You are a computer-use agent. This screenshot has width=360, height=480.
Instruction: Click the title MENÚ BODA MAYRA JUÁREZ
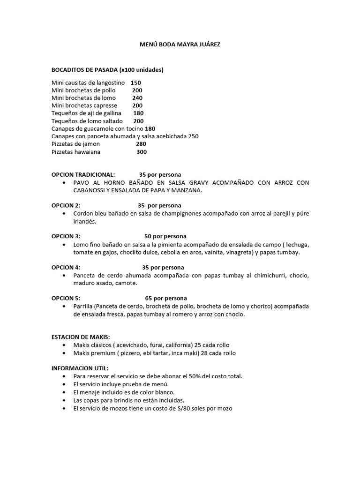(x=180, y=44)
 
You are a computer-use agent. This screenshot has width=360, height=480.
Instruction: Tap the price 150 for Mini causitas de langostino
(x=136, y=82)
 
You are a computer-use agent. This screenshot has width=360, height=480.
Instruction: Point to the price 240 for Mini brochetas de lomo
(x=137, y=98)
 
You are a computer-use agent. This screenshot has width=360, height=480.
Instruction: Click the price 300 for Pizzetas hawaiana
(x=141, y=152)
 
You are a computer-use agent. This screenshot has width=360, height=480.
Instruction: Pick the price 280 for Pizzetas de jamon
(x=141, y=144)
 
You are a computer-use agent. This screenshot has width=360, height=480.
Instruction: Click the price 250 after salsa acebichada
(x=193, y=136)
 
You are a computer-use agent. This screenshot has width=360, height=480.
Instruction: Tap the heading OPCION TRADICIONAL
(x=82, y=174)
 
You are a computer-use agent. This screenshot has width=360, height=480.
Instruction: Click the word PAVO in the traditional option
(x=81, y=182)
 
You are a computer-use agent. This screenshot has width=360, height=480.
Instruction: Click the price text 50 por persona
(x=165, y=236)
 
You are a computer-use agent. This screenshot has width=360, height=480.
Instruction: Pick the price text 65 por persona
(x=165, y=298)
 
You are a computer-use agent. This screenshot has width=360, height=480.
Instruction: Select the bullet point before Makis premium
(x=64, y=353)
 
